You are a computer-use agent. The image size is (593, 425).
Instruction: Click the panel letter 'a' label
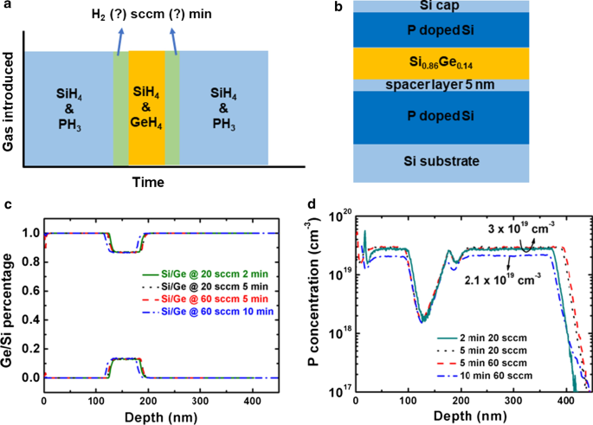click(7, 7)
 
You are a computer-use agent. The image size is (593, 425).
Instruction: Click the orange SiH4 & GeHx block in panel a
click(146, 107)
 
